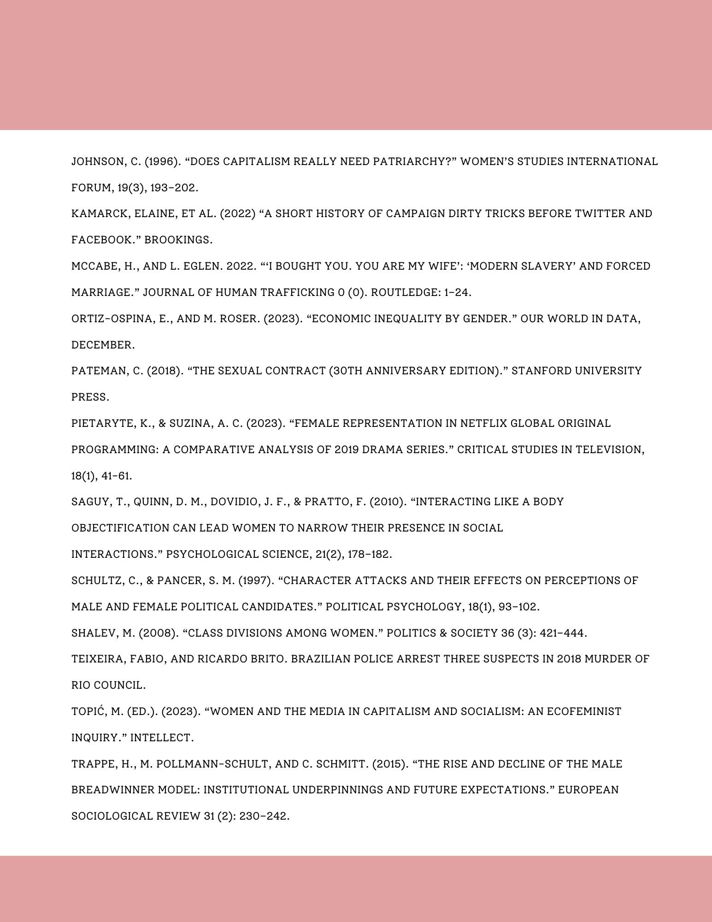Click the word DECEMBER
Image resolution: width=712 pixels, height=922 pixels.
pyautogui.click(x=103, y=345)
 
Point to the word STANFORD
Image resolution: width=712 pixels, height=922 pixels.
pyautogui.click(x=537, y=371)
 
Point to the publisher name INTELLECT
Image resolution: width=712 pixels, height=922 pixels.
pyautogui.click(x=161, y=738)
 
